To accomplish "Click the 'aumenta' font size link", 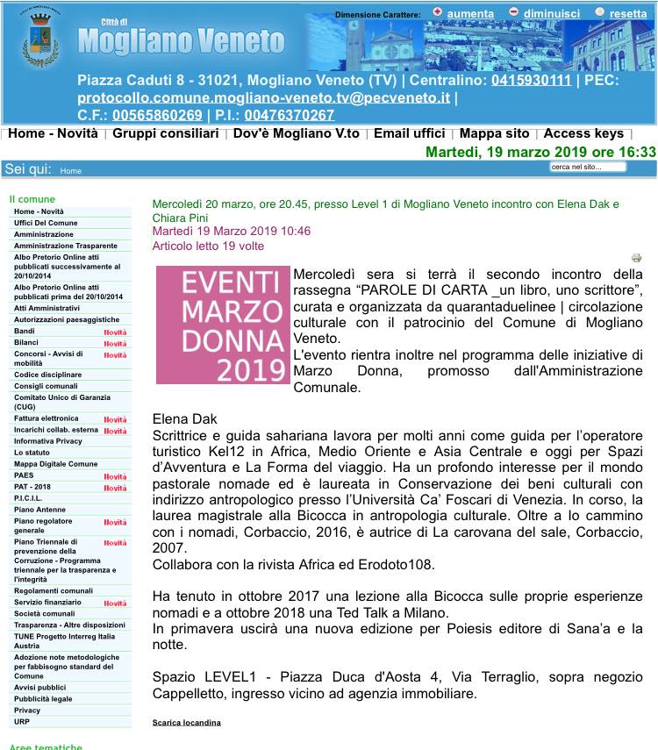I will click(x=469, y=13).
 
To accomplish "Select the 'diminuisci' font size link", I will click(x=551, y=13).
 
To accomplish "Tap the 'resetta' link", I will click(x=627, y=13).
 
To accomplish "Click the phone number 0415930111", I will click(x=519, y=80).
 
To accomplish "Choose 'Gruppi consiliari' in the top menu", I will click(x=165, y=133).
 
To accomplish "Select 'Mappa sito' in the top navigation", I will click(x=494, y=133).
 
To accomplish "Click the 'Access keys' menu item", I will click(x=583, y=133).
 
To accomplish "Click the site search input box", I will click(x=601, y=167).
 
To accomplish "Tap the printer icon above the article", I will click(x=637, y=258).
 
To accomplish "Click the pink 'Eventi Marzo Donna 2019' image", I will click(x=223, y=325).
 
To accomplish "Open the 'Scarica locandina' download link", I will click(x=187, y=722).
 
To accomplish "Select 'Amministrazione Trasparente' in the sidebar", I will click(x=66, y=246).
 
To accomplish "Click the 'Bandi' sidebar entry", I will click(x=25, y=331).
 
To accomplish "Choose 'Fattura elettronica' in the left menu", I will click(x=46, y=418).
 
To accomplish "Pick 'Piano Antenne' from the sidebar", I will click(x=39, y=509).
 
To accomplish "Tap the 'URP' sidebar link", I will click(x=22, y=721).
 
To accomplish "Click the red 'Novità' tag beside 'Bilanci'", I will click(x=115, y=344).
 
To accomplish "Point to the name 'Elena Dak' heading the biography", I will click(x=184, y=418).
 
